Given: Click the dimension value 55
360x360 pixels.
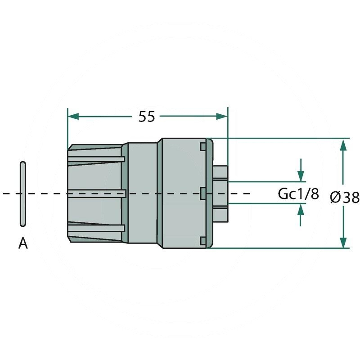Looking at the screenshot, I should coord(147,117).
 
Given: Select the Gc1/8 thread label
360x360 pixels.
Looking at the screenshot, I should coord(298,194).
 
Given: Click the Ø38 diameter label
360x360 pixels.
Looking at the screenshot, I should coord(345,197).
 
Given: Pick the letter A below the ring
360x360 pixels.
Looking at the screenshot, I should coord(23,244).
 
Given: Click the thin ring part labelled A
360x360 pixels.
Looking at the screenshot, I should coord(23,193).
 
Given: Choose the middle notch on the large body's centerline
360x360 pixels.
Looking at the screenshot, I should coord(203,193).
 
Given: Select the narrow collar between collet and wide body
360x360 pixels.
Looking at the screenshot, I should coord(142,193).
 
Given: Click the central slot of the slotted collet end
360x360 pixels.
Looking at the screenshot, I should coord(97,193).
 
